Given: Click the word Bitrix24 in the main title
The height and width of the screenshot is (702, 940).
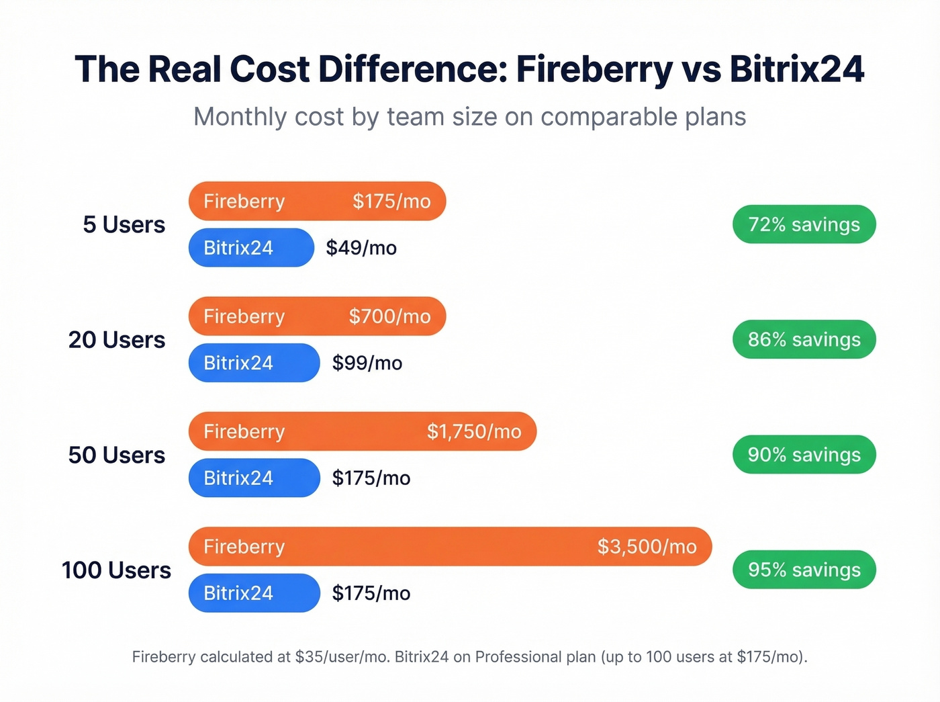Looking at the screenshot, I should pyautogui.click(x=796, y=69).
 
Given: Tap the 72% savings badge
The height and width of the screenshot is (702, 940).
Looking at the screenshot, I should pyautogui.click(x=804, y=224).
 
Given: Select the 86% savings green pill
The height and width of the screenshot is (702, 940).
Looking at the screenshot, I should pyautogui.click(x=804, y=339).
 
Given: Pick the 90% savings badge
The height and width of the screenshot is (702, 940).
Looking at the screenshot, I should pyautogui.click(x=804, y=455).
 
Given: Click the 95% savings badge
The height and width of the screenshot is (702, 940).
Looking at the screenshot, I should pyautogui.click(x=804, y=570).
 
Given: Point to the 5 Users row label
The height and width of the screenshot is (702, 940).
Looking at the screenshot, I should pyautogui.click(x=124, y=224).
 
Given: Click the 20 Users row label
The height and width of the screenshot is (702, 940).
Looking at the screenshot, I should pyautogui.click(x=116, y=340).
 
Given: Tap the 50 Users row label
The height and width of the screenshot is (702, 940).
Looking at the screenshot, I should pyautogui.click(x=116, y=455).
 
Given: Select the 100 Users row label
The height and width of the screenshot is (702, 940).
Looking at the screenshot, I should pyautogui.click(x=116, y=570).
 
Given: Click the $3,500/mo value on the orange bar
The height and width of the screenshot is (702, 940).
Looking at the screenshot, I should pyautogui.click(x=647, y=547).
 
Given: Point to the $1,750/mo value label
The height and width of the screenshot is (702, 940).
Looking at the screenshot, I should pyautogui.click(x=474, y=431).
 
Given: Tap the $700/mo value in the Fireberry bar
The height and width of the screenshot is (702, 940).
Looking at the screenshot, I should pyautogui.click(x=389, y=316).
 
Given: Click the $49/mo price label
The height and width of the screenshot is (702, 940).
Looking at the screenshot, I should pyautogui.click(x=361, y=248).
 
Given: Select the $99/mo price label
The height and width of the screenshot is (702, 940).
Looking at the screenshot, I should pyautogui.click(x=367, y=363).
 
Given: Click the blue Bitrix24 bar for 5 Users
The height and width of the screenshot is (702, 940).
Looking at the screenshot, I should pyautogui.click(x=250, y=248).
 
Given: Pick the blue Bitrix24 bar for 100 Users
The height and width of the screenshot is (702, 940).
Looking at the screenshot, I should pyautogui.click(x=254, y=593).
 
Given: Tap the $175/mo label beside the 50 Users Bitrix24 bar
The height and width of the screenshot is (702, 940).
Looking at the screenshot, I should pyautogui.click(x=371, y=478).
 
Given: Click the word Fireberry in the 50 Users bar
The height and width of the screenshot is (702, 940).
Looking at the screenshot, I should pyautogui.click(x=244, y=431).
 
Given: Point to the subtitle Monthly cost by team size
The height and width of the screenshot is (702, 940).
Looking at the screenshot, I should pyautogui.click(x=469, y=117).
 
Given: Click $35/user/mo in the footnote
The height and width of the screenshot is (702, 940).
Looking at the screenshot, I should pyautogui.click(x=342, y=657).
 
